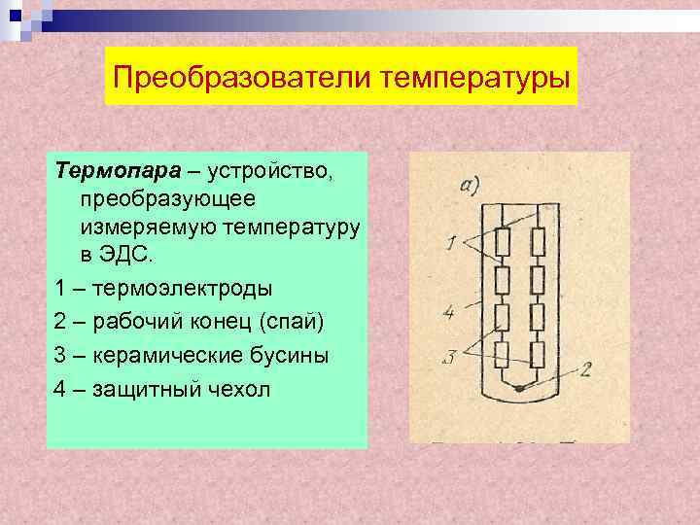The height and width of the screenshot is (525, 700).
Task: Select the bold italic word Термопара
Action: point(118,172)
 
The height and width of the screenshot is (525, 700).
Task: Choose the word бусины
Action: point(296,355)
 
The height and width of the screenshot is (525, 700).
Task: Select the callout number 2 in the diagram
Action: point(586,368)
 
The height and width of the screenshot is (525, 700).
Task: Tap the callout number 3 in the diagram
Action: point(448,358)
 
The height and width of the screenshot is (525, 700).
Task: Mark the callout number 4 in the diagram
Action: point(448,312)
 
